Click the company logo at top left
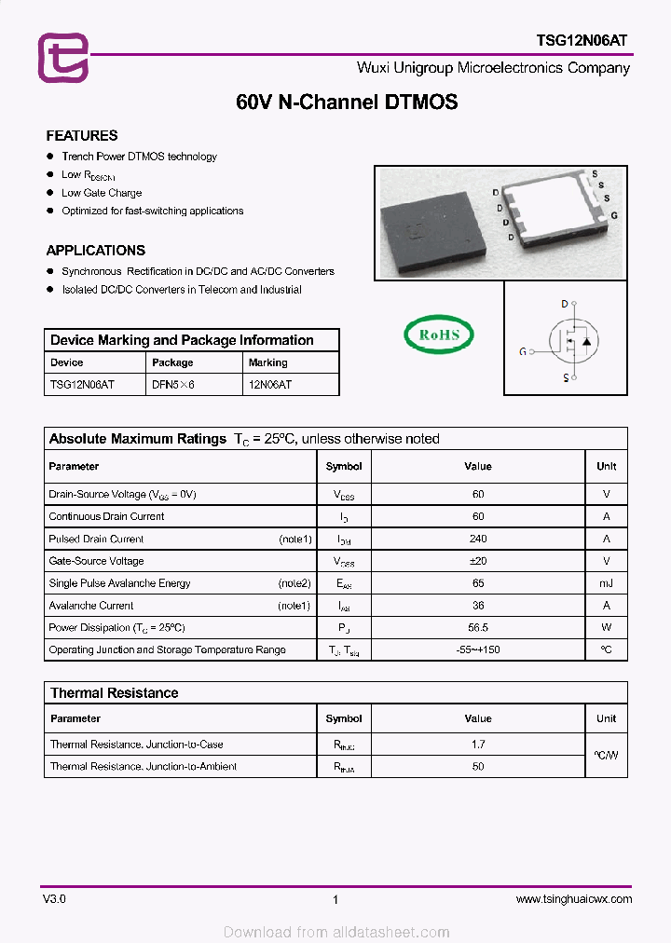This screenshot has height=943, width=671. point(62,58)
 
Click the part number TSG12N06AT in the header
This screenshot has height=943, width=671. point(582,40)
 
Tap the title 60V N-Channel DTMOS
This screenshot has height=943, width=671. point(347,103)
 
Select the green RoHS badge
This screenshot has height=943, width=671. point(438,335)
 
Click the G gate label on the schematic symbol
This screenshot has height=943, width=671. point(523,351)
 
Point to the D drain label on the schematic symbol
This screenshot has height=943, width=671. point(564,304)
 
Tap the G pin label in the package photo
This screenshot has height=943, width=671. point(614,215)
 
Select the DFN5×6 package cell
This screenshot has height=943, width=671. point(173,384)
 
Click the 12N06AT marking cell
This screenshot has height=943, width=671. point(269,384)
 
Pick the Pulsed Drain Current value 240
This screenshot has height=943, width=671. point(478,539)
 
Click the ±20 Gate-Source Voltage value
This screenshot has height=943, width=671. point(478,561)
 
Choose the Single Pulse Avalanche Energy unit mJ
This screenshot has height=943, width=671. point(606,583)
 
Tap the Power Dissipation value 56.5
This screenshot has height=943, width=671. point(478,628)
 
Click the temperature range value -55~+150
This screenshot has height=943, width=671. point(478,649)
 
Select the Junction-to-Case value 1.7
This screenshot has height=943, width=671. point(478,745)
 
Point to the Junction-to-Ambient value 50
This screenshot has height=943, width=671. point(478,766)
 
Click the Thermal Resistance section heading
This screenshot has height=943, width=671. point(114,693)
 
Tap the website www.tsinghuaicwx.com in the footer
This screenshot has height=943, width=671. point(573,899)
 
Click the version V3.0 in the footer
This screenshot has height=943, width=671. point(54,899)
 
